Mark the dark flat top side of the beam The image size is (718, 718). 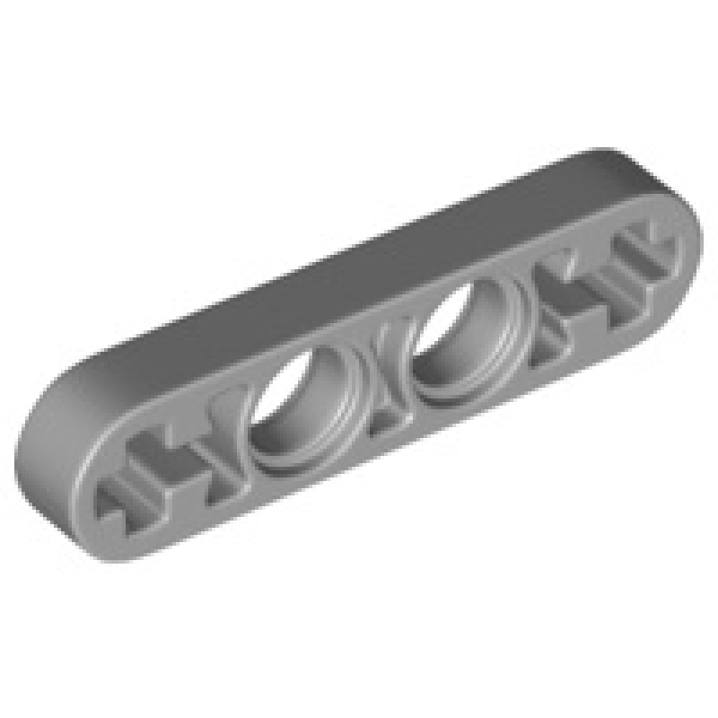click(x=359, y=260)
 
